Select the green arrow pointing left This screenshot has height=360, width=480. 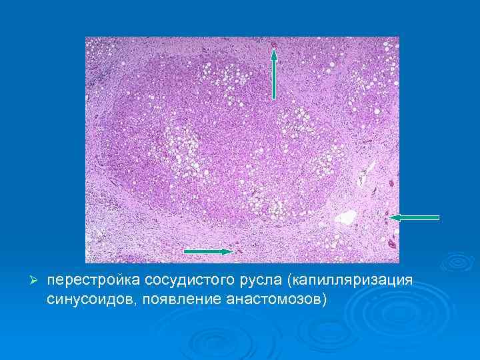pyautogui.click(x=415, y=217)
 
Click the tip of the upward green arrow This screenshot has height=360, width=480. pyautogui.click(x=273, y=51)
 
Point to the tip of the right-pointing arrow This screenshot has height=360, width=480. pyautogui.click(x=231, y=251)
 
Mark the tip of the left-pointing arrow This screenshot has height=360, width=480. pyautogui.click(x=391, y=217)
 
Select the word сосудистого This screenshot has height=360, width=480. pyautogui.click(x=179, y=280)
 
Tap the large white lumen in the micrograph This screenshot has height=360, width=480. pyautogui.click(x=347, y=217)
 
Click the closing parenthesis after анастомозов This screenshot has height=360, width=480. pyautogui.click(x=325, y=298)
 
